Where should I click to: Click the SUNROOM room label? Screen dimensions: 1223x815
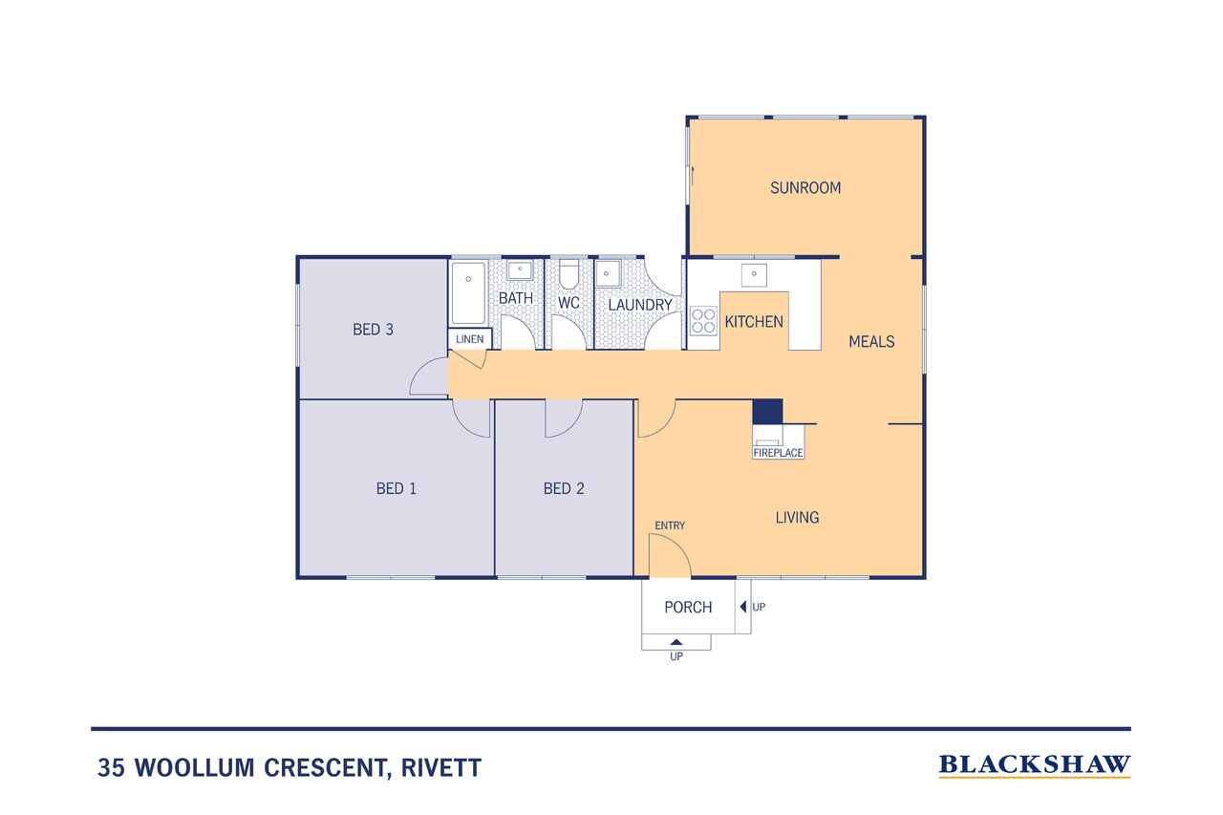pos(805,188)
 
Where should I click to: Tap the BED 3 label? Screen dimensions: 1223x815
pos(373,330)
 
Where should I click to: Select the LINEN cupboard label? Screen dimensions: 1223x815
pos(469,339)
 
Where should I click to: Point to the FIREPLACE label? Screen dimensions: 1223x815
pos(778,453)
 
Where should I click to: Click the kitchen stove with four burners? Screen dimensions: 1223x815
pos(703,321)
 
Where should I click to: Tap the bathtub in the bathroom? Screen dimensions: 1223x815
pos(468,293)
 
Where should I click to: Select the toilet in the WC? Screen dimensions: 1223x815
pos(569,273)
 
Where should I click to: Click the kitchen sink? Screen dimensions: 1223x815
pos(754,274)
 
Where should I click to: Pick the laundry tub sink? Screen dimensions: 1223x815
pos(608,273)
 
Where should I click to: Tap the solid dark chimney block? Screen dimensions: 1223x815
pos(767,412)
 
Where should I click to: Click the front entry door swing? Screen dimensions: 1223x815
pos(670,554)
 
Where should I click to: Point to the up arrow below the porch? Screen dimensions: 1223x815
pos(676,642)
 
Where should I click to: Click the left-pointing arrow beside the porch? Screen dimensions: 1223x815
pos(743,607)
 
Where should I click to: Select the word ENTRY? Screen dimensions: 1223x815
pos(670,525)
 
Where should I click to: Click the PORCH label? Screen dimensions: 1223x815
pos(688,607)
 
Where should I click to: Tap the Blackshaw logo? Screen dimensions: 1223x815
pos(1035,765)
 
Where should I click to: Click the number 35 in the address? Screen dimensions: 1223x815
pos(112,767)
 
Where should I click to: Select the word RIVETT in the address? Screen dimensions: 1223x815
pos(441,767)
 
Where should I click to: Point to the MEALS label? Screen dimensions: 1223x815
pos(871,342)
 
